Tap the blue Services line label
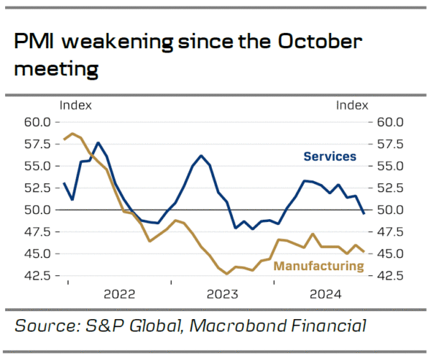(330, 156)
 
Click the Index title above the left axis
(75, 106)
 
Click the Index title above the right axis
(351, 106)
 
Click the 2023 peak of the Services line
(201, 156)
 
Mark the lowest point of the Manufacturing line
(227, 274)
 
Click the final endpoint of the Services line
(363, 213)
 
